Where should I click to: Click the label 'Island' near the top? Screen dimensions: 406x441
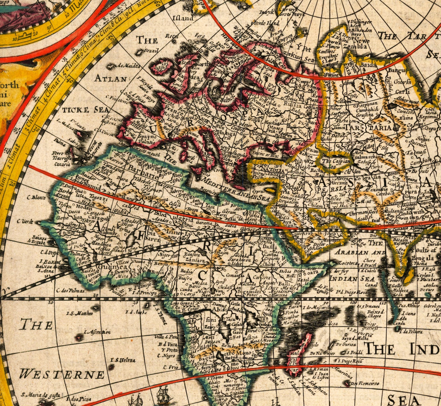(x=182, y=18)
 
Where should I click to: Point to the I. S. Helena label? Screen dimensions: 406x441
(x=123, y=360)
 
